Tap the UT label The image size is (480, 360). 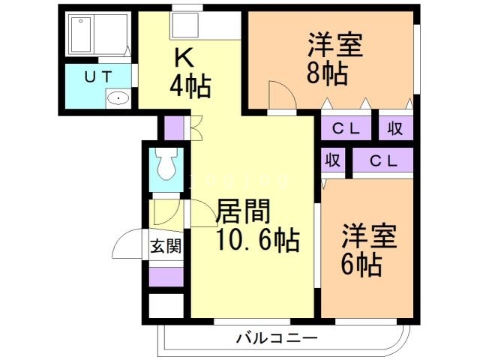97,76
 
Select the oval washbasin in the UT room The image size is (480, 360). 117,97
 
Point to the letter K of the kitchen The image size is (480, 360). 184,58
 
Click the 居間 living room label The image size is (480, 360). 242,212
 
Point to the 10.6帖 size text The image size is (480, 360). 258,241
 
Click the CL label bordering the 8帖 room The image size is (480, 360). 347,128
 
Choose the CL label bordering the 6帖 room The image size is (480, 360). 382,160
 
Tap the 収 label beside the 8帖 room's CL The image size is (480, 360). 395,128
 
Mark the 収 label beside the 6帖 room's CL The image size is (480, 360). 334,160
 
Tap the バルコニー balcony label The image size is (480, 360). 277,338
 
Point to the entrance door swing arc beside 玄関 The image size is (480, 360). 126,244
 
